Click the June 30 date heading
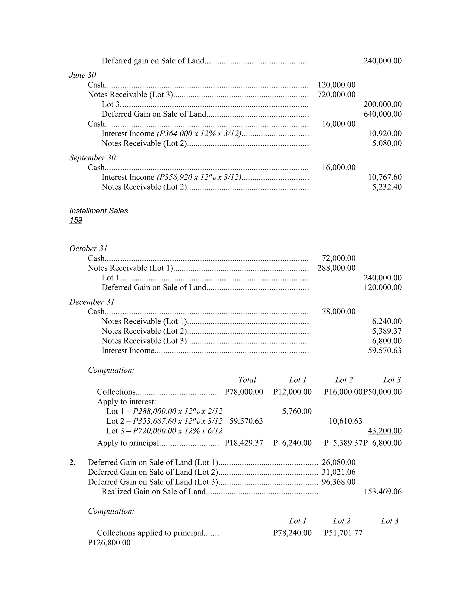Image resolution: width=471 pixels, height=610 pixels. [83, 75]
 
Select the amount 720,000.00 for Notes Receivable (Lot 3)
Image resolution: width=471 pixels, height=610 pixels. [336, 94]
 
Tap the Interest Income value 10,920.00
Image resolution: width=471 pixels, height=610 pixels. [385, 134]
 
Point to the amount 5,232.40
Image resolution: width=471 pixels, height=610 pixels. [387, 187]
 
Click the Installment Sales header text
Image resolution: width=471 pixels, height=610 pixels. [98, 211]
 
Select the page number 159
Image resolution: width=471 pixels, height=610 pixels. [76, 220]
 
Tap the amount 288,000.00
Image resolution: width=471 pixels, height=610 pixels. [336, 268]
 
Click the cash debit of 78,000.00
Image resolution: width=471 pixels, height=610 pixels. [339, 311]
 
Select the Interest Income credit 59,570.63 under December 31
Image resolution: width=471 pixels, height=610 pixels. [385, 351]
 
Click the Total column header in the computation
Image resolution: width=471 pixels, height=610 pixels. [247, 380]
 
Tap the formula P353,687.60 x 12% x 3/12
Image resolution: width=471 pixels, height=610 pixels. [178, 421]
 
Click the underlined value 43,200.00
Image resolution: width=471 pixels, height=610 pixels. [385, 431]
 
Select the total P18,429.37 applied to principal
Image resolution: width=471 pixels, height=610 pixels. [244, 443]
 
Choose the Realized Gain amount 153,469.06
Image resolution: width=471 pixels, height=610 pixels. [382, 492]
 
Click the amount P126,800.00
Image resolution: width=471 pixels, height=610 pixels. [109, 543]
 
